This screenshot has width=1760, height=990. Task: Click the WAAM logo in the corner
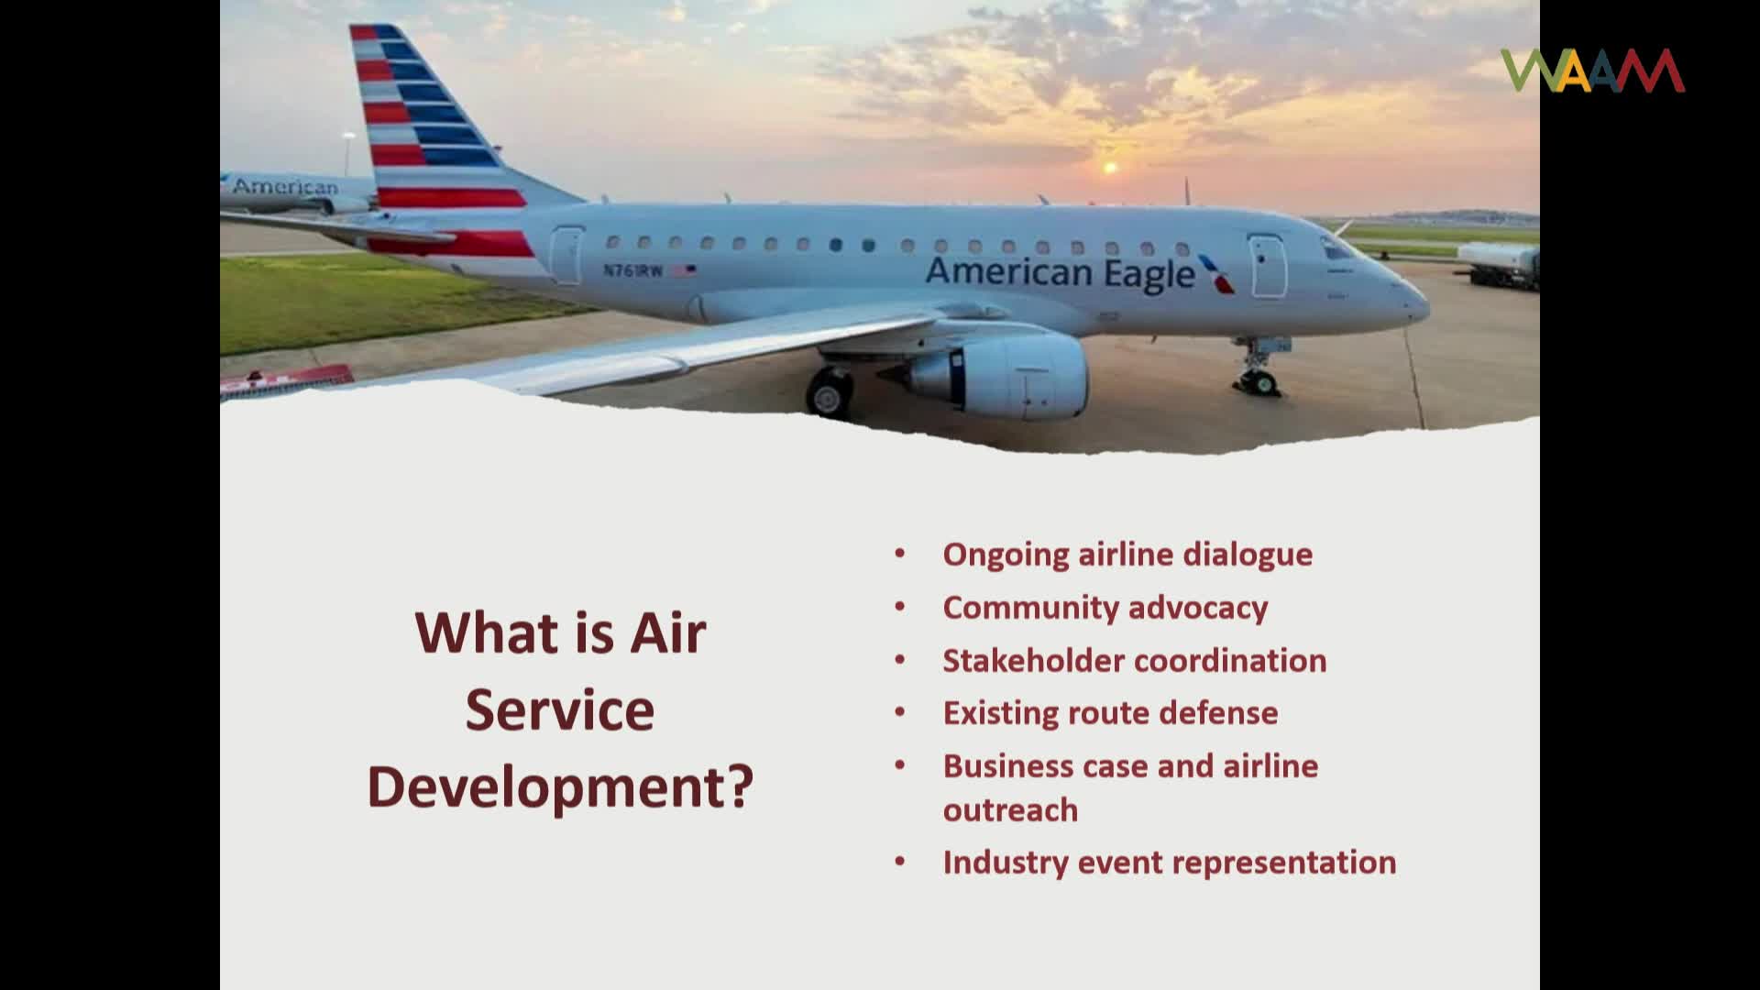[x=1592, y=71]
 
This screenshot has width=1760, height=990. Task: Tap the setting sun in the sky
[x=1110, y=168]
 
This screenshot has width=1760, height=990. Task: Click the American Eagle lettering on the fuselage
[x=1060, y=273]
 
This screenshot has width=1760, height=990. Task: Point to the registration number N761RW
[x=632, y=270]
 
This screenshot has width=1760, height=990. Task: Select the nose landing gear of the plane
[x=1259, y=371]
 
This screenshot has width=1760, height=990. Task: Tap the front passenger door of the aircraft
[x=1269, y=266]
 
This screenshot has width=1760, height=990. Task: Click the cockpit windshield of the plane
[x=1336, y=248]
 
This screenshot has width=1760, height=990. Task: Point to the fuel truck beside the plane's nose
[x=1500, y=265]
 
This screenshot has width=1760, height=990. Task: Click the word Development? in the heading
[x=560, y=787]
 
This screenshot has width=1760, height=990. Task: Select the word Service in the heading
[x=560, y=710]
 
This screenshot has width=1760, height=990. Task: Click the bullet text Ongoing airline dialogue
[x=1127, y=555]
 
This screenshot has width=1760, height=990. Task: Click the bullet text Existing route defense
[x=1110, y=713]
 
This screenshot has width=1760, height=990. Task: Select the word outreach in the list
[x=1010, y=810]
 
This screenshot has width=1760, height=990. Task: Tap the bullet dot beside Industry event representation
[x=900, y=862]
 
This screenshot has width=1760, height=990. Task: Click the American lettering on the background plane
[x=285, y=187]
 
